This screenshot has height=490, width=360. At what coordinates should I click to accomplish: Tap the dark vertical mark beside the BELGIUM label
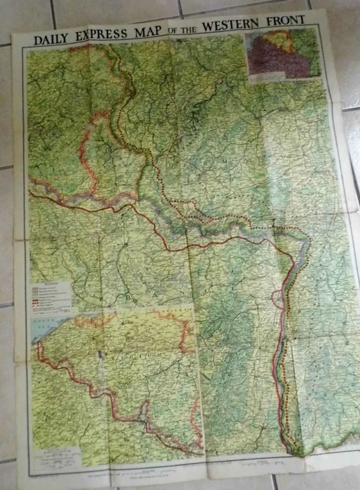tap(100, 359)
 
